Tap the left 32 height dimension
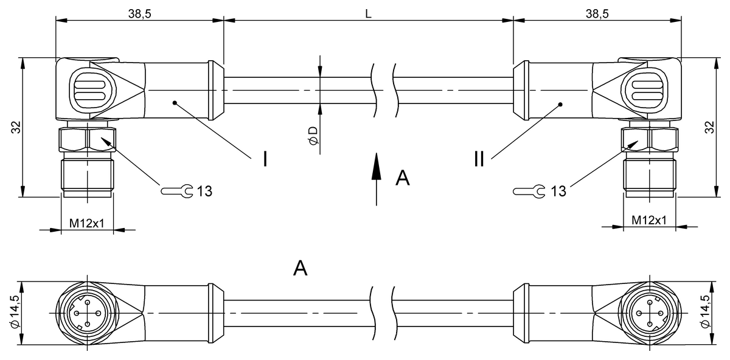point(16,127)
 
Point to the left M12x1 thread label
point(87,223)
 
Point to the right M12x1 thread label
point(649,220)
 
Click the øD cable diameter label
point(313,136)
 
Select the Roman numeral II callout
point(479,159)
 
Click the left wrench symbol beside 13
point(177,191)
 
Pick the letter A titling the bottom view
point(300,268)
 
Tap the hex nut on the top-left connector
point(87,140)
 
